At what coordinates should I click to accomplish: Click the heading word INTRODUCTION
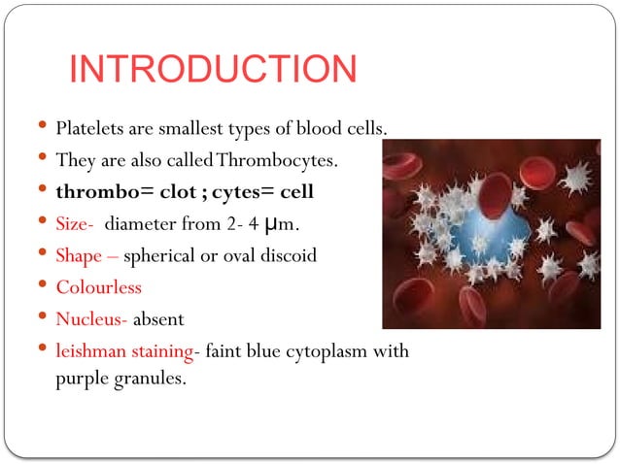(214, 70)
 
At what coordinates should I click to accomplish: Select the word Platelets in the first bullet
(86, 128)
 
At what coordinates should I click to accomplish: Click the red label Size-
(75, 224)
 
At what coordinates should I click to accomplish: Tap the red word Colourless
(98, 287)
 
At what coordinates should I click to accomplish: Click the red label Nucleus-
(92, 318)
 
